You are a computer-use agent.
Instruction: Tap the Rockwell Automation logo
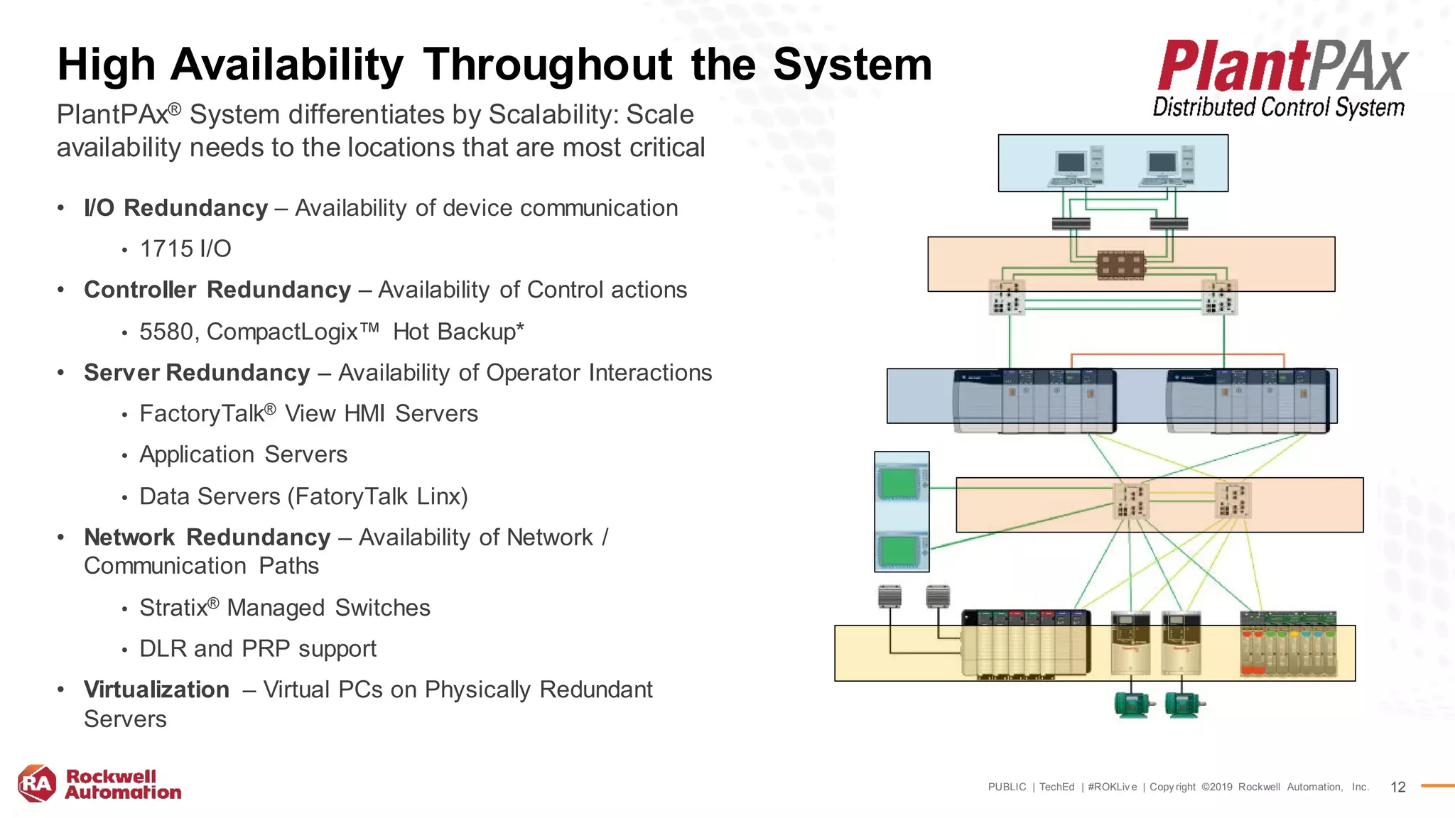[99, 784]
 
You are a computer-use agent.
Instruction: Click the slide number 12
[1397, 787]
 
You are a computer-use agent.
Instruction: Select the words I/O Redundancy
[175, 208]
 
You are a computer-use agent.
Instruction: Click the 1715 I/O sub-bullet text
[185, 249]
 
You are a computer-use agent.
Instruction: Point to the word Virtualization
[156, 689]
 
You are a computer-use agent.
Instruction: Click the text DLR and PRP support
[257, 649]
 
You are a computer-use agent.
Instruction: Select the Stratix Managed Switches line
[284, 608]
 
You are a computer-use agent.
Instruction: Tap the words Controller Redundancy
[217, 290]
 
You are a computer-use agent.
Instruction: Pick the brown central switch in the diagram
[1120, 266]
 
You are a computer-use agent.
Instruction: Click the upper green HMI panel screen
[897, 484]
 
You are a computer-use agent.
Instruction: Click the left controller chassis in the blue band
[1034, 400]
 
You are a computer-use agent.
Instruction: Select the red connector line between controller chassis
[1177, 354]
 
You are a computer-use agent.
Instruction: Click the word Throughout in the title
[547, 65]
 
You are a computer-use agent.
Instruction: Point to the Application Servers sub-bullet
[243, 454]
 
